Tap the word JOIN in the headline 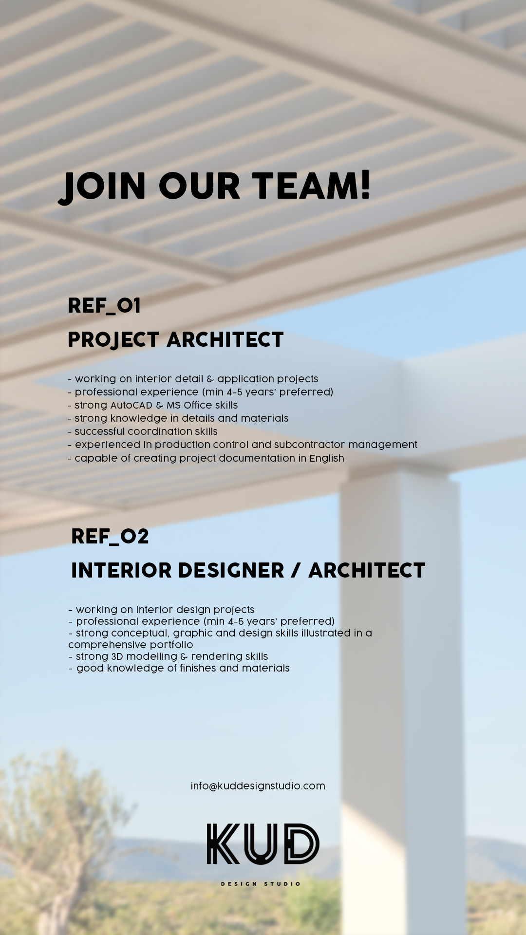click(103, 187)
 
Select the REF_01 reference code click(104, 306)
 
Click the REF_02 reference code click(110, 537)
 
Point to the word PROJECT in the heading click(113, 340)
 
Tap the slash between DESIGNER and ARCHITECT click(296, 571)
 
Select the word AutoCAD click(131, 405)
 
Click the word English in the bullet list click(327, 458)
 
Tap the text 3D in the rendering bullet click(117, 656)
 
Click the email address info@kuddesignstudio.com click(258, 786)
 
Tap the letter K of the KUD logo click(223, 844)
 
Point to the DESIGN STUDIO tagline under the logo click(261, 884)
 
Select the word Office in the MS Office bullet click(198, 405)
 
